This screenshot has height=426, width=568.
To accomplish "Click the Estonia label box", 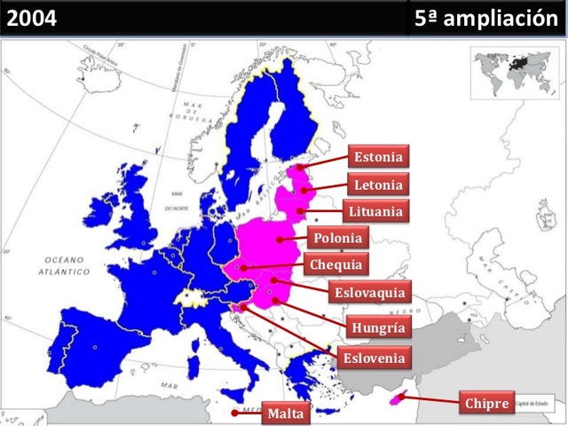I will point(378,158).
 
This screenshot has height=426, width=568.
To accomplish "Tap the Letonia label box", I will point(378,185).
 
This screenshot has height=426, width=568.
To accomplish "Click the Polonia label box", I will point(338,238).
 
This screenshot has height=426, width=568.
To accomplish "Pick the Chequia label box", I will point(335,264).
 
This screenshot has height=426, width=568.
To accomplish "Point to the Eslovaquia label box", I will point(370,292).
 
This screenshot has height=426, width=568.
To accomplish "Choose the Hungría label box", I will point(377,327).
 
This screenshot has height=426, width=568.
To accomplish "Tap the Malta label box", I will point(285,413).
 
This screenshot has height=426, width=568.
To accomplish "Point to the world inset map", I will point(514,70).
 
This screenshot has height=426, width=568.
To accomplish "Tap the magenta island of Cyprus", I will point(397,399).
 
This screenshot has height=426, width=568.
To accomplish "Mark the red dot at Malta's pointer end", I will point(234,413).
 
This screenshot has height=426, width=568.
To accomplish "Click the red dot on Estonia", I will point(300,166).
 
